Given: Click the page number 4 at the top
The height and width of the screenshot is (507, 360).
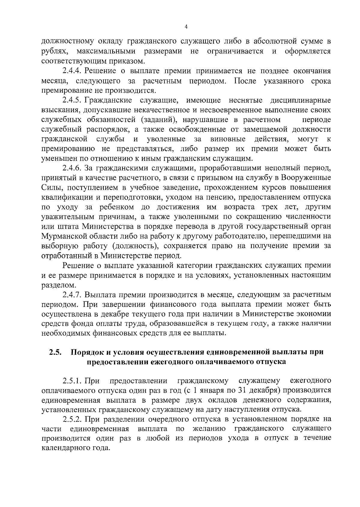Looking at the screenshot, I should (186, 27).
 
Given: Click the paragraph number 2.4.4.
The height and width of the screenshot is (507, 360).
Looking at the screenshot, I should (72, 71).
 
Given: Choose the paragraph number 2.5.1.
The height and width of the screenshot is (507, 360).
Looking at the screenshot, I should (72, 381).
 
